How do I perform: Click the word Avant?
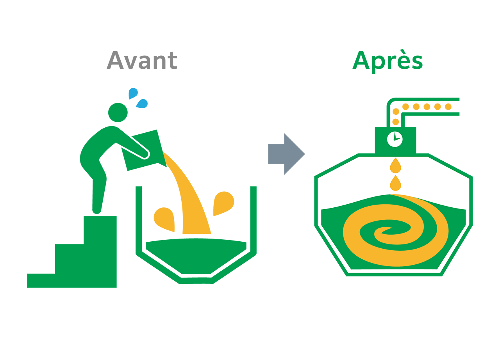142,61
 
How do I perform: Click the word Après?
387,61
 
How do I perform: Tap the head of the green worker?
118,112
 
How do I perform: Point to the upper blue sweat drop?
133,93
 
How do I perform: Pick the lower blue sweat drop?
142,103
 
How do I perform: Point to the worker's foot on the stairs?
97,211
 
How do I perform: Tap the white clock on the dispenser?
395,139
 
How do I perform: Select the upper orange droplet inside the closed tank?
396,166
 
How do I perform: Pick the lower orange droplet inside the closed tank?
396,184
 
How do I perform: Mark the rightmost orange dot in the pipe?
448,107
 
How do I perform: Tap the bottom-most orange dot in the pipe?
395,122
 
